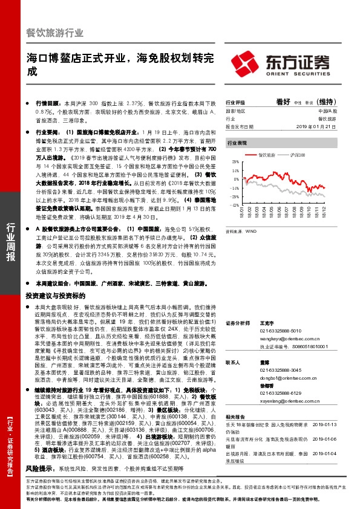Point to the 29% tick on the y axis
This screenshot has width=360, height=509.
232,162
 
